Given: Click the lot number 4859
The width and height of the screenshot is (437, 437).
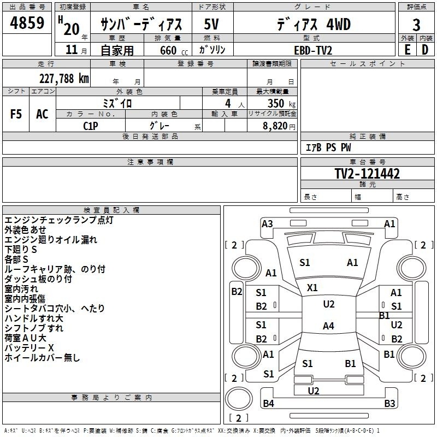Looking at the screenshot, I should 27,25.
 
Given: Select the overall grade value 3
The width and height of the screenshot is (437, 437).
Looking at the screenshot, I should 416,25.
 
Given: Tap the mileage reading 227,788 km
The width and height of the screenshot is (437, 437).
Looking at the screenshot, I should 64,78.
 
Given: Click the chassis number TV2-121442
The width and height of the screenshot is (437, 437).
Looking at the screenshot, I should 367,174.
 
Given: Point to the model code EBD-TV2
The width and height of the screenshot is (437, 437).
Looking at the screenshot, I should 312,50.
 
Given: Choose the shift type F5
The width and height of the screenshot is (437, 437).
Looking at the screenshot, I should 16,114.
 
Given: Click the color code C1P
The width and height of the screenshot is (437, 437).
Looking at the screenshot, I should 91,125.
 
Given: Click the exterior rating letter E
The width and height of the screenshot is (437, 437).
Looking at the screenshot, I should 407,50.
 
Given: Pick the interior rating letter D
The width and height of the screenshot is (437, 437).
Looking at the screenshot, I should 425,50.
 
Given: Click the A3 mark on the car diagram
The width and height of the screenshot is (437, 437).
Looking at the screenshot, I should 267,223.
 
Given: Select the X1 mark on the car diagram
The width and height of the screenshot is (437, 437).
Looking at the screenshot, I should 312,287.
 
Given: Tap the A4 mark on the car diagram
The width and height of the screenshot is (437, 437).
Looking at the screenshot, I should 328,326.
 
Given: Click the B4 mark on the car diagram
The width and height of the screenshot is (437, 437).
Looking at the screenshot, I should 268,404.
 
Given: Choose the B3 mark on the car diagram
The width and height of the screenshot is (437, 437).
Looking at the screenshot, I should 389,404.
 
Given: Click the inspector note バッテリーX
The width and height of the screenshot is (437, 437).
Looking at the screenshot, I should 29,348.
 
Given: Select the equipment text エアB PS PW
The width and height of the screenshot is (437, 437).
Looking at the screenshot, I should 328,147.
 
